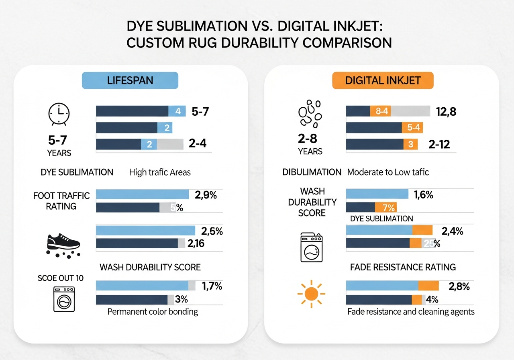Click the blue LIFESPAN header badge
130,80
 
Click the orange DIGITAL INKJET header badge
383,80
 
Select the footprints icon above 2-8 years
310,113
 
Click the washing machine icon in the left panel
64,299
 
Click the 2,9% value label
206,195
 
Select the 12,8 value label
446,111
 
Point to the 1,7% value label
212,286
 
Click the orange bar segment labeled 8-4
380,111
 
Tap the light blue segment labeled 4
177,111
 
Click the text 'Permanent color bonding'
153,312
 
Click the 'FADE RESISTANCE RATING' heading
403,267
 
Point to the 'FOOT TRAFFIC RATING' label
61,201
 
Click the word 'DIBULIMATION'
312,172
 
